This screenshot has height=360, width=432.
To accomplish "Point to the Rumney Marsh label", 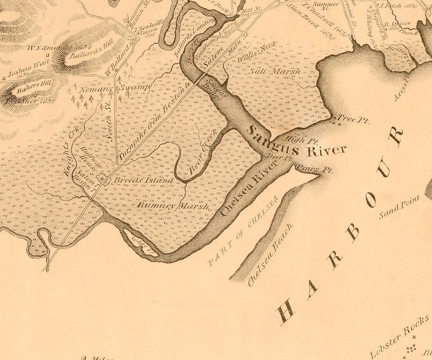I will pos(162,206).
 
